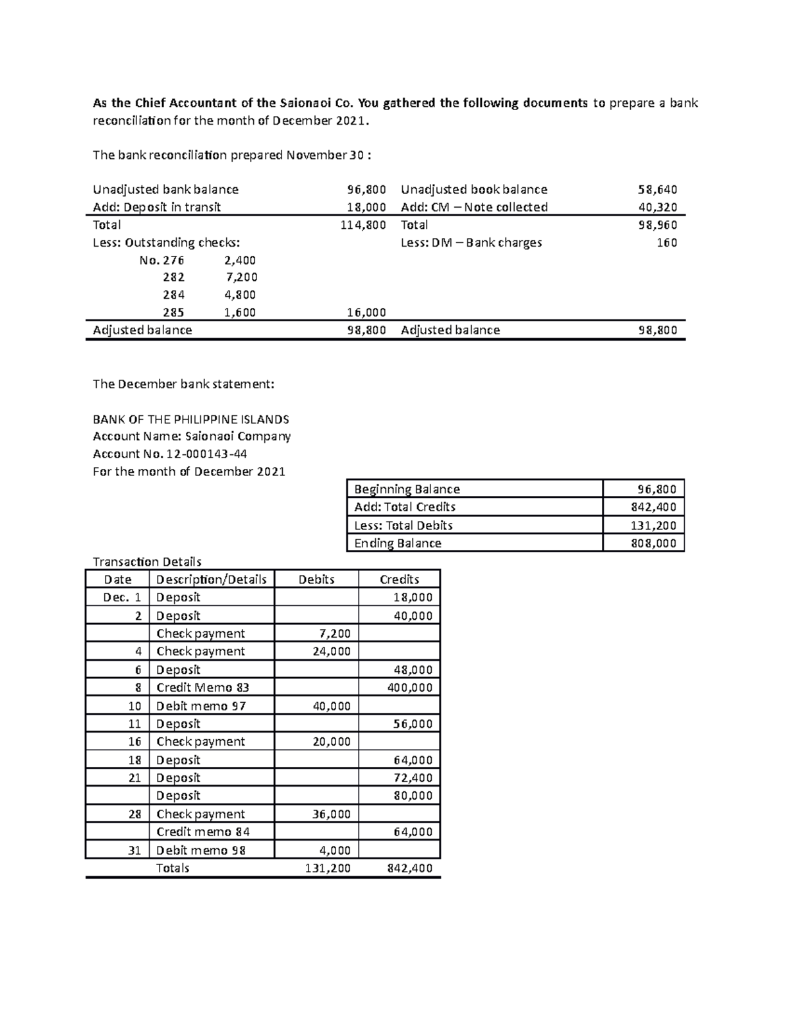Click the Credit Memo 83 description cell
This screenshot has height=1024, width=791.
pyautogui.click(x=202, y=688)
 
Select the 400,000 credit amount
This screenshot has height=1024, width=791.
pyautogui.click(x=409, y=688)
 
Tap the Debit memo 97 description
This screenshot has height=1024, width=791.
pyautogui.click(x=201, y=706)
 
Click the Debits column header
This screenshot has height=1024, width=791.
pyautogui.click(x=316, y=580)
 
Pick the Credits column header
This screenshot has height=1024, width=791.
pyautogui.click(x=399, y=580)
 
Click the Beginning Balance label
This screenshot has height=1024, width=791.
pyautogui.click(x=407, y=489)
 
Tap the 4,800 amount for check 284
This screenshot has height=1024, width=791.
pyautogui.click(x=240, y=295)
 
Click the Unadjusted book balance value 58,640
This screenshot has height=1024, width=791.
pyautogui.click(x=657, y=190)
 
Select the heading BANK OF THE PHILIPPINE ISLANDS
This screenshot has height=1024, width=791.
pyautogui.click(x=190, y=419)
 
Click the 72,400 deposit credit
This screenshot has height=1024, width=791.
pyautogui.click(x=413, y=778)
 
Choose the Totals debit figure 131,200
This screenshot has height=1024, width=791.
pyautogui.click(x=328, y=868)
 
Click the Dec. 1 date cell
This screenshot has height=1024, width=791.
pyautogui.click(x=122, y=597)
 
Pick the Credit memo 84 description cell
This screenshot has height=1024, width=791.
pyautogui.click(x=203, y=832)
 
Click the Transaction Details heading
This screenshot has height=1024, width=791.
pyautogui.click(x=147, y=562)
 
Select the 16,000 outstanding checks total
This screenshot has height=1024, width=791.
pyautogui.click(x=366, y=313)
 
